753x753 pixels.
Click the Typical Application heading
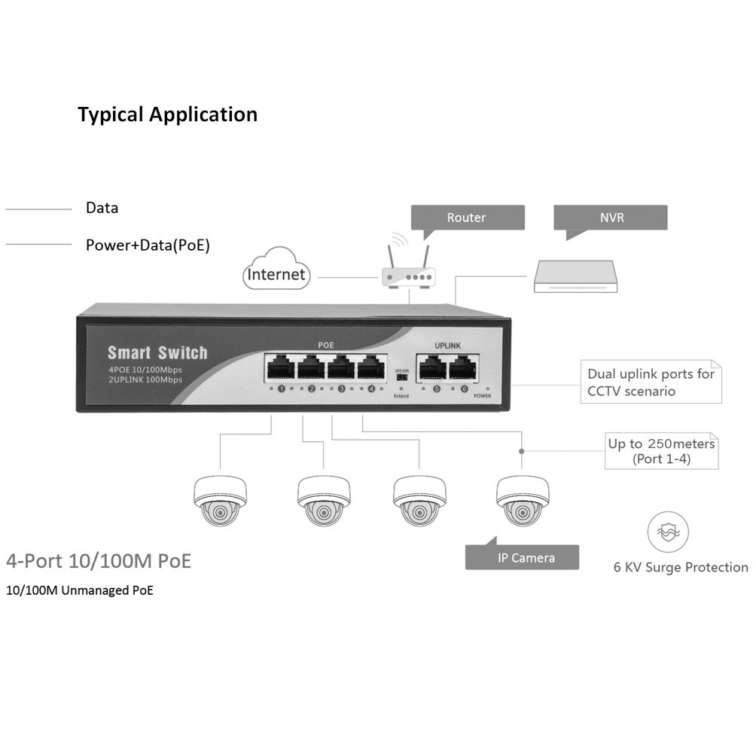click(x=167, y=114)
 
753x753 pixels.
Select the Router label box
click(x=467, y=218)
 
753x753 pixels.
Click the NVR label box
click(x=610, y=218)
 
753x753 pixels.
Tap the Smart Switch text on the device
click(x=157, y=352)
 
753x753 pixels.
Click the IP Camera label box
click(x=526, y=558)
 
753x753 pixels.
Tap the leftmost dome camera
click(x=220, y=500)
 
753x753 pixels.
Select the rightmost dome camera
click(x=523, y=500)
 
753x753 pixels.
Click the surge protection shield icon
click(x=668, y=532)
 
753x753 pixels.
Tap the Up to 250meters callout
click(x=662, y=451)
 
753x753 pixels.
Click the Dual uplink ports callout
click(x=651, y=382)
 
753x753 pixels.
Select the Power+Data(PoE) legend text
click(x=148, y=245)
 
